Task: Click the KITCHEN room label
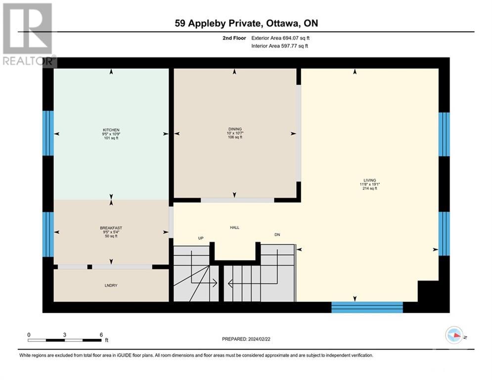coord(111,130)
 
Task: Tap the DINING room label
coord(235,129)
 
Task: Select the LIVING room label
coord(370,180)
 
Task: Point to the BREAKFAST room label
coord(111,228)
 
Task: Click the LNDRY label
coord(111,285)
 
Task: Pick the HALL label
coord(235,228)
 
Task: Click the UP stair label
coord(201,238)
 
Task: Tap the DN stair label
coord(277,235)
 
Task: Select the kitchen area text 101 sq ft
coord(111,138)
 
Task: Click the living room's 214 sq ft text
coord(370,189)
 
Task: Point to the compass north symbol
coord(454,335)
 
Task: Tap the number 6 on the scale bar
coord(101,335)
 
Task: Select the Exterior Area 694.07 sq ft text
coord(280,38)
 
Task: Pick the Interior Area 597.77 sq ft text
coord(279,46)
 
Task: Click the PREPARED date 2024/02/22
coord(259,339)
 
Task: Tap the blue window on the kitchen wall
coord(48,133)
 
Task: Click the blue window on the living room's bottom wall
coord(367,307)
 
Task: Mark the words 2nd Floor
coord(234,38)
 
